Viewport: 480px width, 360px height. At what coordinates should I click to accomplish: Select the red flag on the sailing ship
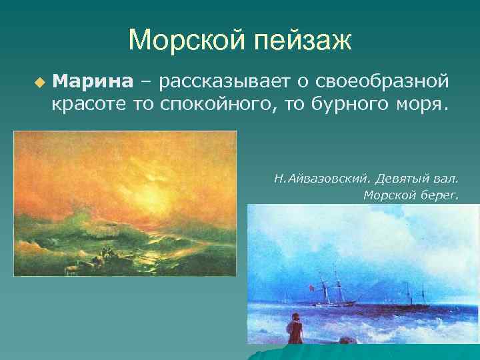click(310, 287)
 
